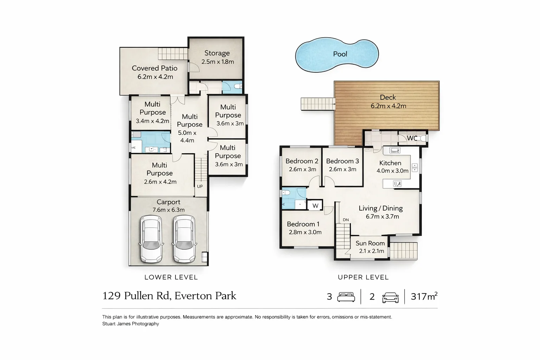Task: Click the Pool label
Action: click(340, 54)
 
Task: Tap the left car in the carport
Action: click(151, 239)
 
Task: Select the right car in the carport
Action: click(184, 239)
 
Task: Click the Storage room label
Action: click(217, 53)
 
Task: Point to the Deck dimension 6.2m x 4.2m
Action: click(388, 106)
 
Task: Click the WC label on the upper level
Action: click(412, 138)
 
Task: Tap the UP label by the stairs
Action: click(200, 186)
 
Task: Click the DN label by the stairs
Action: click(346, 220)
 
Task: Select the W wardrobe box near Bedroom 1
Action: click(315, 206)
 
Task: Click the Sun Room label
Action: click(370, 243)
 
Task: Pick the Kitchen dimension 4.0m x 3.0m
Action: click(392, 171)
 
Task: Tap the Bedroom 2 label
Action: click(302, 161)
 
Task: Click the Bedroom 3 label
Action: click(342, 161)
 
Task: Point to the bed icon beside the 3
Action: click(346, 297)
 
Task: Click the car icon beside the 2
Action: click(390, 297)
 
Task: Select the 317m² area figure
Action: click(424, 296)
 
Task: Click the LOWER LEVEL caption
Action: click(171, 277)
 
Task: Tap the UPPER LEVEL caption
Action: click(363, 277)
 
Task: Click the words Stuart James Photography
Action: click(130, 324)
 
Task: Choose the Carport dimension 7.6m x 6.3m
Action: click(168, 210)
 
